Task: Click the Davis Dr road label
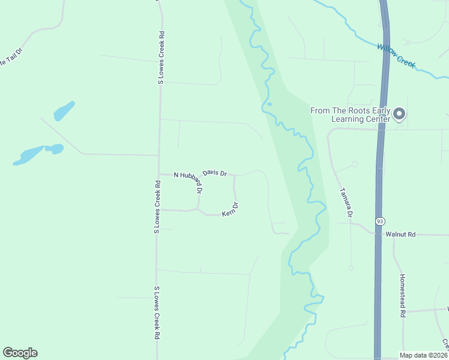[x=214, y=173]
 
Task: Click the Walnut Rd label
[x=400, y=234]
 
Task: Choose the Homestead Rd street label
[x=403, y=296]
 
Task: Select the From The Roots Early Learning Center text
[x=350, y=114]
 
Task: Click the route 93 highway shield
[x=379, y=221]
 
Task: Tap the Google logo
[x=20, y=353]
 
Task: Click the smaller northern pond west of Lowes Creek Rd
[x=64, y=111]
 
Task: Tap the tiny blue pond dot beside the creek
[x=270, y=104]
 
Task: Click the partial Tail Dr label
[x=10, y=58]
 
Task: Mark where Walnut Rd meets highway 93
[x=379, y=234]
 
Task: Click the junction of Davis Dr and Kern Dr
[x=234, y=176]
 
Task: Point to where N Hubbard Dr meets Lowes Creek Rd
[x=158, y=175]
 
